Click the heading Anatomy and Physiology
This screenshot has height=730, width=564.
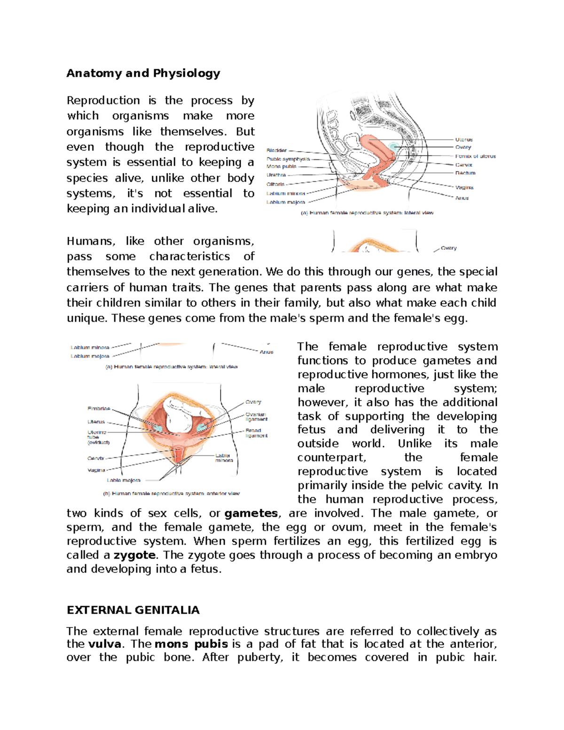pyautogui.click(x=143, y=73)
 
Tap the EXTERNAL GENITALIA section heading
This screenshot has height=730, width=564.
pyautogui.click(x=133, y=610)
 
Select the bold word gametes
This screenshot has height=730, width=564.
pyautogui.click(x=251, y=513)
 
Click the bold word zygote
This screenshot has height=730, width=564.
pyautogui.click(x=134, y=555)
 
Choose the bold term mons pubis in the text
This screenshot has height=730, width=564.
pyautogui.click(x=191, y=644)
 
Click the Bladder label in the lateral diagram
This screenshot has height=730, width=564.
pyautogui.click(x=276, y=150)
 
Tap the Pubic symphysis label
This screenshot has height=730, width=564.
pyautogui.click(x=288, y=159)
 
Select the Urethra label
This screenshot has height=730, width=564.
pyautogui.click(x=276, y=175)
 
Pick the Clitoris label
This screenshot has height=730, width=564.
pyautogui.click(x=275, y=184)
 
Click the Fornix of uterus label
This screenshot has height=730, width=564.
pyautogui.click(x=475, y=156)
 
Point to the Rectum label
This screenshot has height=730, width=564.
pyautogui.click(x=465, y=173)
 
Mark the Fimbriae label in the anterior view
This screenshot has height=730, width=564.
pyautogui.click(x=99, y=408)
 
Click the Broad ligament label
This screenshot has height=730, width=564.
pyautogui.click(x=256, y=433)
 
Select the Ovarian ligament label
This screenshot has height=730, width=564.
pyautogui.click(x=256, y=417)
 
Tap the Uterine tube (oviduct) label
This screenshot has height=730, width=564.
pyautogui.click(x=98, y=437)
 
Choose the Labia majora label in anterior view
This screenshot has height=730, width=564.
pyautogui.click(x=123, y=480)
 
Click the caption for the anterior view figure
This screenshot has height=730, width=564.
pyautogui.click(x=171, y=494)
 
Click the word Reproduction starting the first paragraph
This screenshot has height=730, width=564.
pyautogui.click(x=103, y=101)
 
